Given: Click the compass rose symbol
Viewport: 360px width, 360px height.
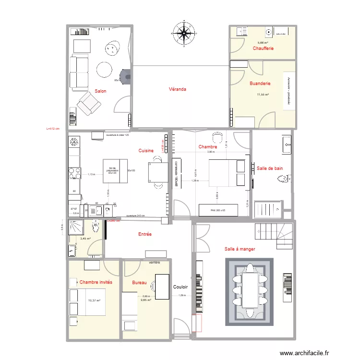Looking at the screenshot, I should tap(183, 33).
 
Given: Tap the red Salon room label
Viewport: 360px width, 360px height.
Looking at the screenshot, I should tap(100, 91).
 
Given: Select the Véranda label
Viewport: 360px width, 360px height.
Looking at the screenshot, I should tap(177, 89).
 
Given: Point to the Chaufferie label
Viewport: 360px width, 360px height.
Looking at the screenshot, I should tap(264, 48).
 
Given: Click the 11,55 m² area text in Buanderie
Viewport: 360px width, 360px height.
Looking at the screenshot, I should tap(263, 95).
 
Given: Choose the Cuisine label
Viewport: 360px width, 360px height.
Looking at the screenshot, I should tap(146, 151).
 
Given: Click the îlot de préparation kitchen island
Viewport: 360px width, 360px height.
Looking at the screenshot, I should tap(115, 171).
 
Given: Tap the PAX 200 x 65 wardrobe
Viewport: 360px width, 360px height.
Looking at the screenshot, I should tap(219, 210).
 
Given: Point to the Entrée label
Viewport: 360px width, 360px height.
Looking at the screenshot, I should tap(144, 234).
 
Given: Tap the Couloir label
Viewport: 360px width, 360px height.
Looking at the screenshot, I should tap(181, 287).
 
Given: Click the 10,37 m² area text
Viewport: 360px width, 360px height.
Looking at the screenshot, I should tap(94, 300).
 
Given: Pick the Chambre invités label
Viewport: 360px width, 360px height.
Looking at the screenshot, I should tap(96, 282).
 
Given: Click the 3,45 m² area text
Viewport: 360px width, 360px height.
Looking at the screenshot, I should tap(85, 239).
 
